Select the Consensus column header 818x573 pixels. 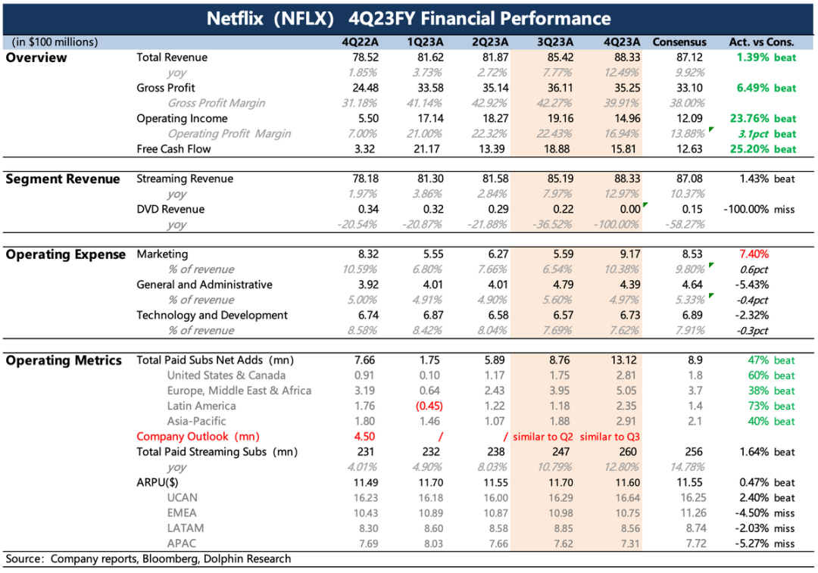[x=679, y=42]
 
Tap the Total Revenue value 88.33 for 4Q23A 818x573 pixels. [x=624, y=58]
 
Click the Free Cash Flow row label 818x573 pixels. [x=173, y=149]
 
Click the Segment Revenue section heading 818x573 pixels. [x=63, y=179]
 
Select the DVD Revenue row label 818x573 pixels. [x=170, y=210]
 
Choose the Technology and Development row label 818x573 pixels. [x=212, y=316]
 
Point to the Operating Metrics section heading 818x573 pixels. [x=64, y=361]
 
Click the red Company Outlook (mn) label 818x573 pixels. [x=193, y=437]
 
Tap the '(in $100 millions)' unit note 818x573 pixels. [x=55, y=42]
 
